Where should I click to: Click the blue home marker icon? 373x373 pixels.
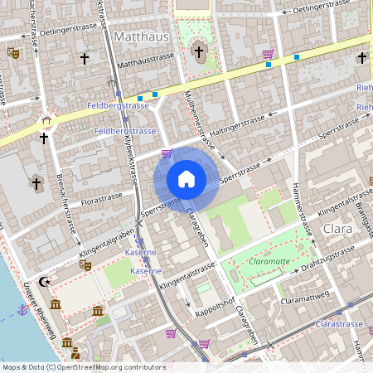tap(186, 179)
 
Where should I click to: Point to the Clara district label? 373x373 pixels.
tap(337, 228)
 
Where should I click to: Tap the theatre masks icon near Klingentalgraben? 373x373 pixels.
tap(84, 265)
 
